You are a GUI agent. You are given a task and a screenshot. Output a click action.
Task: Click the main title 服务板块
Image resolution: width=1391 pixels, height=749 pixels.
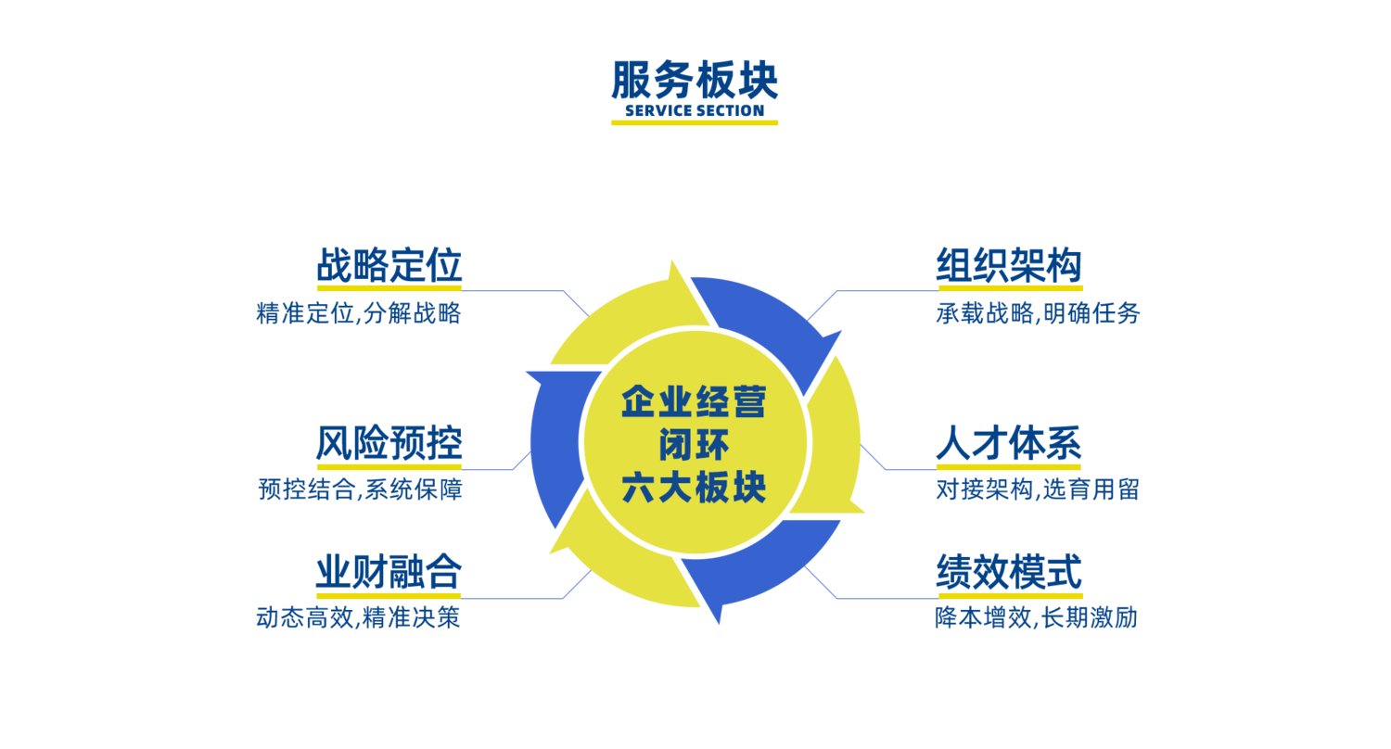coord(695,81)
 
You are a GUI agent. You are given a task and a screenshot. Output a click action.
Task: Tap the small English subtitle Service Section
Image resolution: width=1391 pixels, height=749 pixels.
coord(695,110)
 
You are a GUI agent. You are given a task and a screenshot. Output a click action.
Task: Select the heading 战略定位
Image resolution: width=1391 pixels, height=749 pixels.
coord(389,266)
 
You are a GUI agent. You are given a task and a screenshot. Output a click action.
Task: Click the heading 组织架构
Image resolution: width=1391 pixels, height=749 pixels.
coord(1009,266)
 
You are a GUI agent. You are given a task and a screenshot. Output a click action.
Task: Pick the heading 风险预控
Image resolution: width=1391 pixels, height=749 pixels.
coord(389,444)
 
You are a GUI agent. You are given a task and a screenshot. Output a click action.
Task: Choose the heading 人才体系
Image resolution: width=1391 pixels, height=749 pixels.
coord(1009,444)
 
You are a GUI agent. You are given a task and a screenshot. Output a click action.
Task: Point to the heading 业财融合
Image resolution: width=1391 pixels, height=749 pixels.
coord(389,573)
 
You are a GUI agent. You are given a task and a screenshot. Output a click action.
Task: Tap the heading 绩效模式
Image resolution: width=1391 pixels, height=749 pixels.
coord(1009,573)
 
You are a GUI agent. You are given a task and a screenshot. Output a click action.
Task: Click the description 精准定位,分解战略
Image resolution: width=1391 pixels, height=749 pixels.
coord(359,313)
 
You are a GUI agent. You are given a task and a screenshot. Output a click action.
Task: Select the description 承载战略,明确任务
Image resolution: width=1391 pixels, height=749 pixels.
coord(1038,313)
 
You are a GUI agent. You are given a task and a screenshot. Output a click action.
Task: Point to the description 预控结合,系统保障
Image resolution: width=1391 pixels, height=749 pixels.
coord(360,489)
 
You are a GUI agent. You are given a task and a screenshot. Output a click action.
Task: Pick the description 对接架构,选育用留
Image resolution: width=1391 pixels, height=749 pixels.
coord(1038,489)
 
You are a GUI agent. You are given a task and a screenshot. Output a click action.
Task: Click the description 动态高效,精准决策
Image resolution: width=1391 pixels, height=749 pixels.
coord(359,617)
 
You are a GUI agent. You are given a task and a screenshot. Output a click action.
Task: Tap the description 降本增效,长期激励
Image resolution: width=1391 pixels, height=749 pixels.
coord(1037,617)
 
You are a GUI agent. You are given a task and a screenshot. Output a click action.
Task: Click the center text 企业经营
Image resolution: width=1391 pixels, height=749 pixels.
coord(694,402)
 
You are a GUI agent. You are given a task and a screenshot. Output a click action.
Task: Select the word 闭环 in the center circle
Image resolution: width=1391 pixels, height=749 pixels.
coord(694,445)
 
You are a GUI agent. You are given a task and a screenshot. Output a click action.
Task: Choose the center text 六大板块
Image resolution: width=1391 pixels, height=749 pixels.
coord(694,488)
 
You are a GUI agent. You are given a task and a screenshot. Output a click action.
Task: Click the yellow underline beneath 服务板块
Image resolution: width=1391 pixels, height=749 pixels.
coord(695,122)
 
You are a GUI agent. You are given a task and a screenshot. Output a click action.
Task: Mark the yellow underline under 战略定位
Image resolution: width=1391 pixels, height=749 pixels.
coord(389,287)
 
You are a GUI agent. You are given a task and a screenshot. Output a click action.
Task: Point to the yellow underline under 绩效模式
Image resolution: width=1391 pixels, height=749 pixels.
coord(1009,594)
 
